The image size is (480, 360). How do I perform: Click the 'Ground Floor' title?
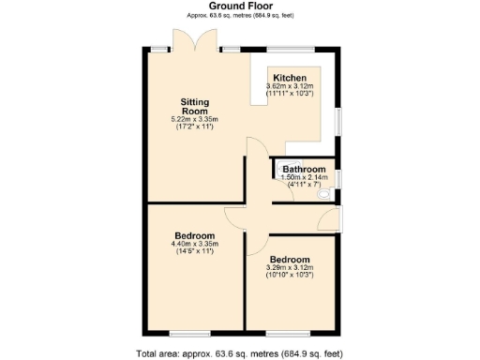[240, 6]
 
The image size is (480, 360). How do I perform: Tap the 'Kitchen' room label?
[289, 77]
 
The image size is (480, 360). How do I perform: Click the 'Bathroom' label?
[298, 169]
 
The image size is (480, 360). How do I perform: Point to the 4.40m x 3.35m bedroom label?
[194, 235]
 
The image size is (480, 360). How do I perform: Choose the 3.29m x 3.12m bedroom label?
[290, 259]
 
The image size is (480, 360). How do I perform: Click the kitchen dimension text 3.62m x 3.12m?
[289, 86]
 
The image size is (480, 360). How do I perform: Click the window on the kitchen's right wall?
[338, 123]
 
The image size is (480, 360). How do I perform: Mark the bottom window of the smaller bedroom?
[279, 333]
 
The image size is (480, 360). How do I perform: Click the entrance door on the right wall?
[340, 219]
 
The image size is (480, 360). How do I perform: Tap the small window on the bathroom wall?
[338, 178]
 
